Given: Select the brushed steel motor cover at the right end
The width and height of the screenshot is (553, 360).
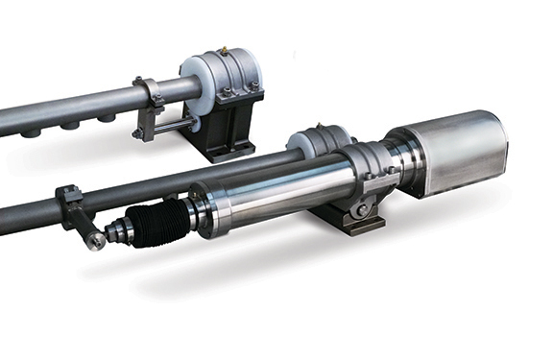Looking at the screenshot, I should click(450, 154).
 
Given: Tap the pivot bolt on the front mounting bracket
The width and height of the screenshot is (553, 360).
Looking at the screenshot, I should click(360, 209).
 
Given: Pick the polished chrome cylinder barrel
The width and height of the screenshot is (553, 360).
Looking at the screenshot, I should click(269, 192).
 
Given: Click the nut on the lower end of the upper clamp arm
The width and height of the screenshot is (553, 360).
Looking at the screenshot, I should click(139, 133).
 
